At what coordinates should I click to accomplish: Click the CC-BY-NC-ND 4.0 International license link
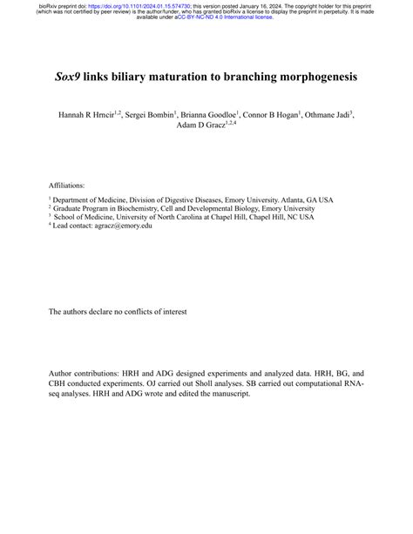point(225,17)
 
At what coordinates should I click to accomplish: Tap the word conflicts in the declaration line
point(144,311)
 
